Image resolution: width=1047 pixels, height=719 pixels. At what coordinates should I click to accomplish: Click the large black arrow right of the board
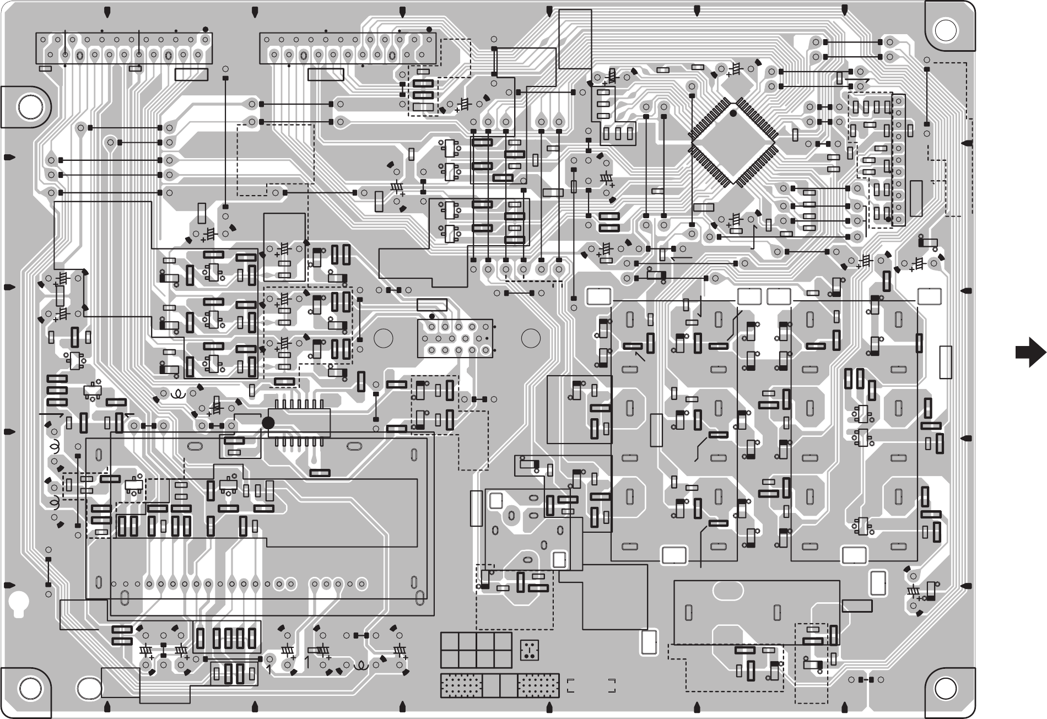pyautogui.click(x=1030, y=353)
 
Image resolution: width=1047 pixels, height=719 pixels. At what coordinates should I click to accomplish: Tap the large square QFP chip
pyautogui.click(x=733, y=143)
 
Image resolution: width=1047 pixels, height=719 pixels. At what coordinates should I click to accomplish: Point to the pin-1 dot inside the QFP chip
pyautogui.click(x=733, y=113)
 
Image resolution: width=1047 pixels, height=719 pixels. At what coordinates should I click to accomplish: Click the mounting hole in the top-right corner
pyautogui.click(x=946, y=29)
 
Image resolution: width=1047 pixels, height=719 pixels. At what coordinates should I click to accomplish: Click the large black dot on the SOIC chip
pyautogui.click(x=268, y=423)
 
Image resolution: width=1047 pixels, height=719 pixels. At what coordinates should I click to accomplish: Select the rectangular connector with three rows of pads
pyautogui.click(x=455, y=338)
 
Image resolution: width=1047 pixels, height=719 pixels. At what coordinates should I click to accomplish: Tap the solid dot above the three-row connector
pyautogui.click(x=431, y=316)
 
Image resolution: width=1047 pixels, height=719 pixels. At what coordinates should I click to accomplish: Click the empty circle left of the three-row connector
pyautogui.click(x=382, y=338)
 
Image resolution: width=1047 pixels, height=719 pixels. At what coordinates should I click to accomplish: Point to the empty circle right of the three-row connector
pyautogui.click(x=530, y=338)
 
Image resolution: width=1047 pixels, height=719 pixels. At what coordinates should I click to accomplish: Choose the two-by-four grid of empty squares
pyautogui.click(x=476, y=650)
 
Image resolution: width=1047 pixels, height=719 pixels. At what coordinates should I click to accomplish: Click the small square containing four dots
pyautogui.click(x=529, y=650)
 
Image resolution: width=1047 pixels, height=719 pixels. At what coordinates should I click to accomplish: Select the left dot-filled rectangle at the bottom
pyautogui.click(x=461, y=686)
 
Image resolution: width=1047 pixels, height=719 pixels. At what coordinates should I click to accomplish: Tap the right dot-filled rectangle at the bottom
pyautogui.click(x=538, y=686)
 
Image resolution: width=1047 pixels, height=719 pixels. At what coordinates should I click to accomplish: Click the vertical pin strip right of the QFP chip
pyautogui.click(x=898, y=160)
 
